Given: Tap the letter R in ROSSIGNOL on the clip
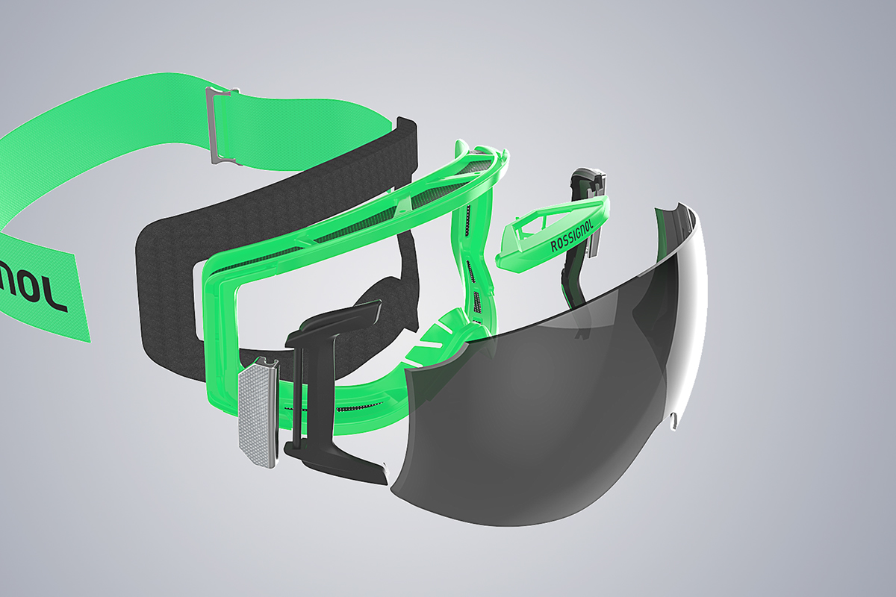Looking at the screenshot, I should pos(554,247).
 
